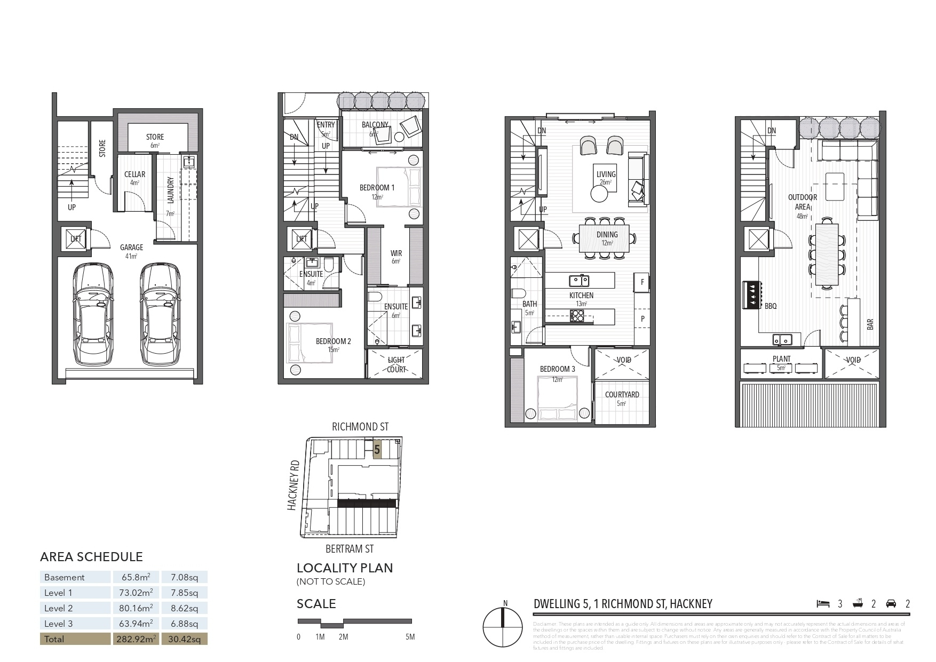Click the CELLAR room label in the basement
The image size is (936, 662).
pyautogui.click(x=134, y=174)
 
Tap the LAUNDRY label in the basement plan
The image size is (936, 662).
pyautogui.click(x=171, y=190)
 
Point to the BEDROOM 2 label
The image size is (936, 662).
pyautogui.click(x=333, y=341)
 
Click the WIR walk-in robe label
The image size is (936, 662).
pyautogui.click(x=396, y=253)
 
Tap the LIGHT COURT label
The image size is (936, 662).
pyautogui.click(x=396, y=365)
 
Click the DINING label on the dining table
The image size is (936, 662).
pyautogui.click(x=607, y=235)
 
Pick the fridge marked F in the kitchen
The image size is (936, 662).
pyautogui.click(x=642, y=282)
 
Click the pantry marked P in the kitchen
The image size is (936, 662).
pyautogui.click(x=642, y=318)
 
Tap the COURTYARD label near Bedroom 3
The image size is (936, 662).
pyautogui.click(x=622, y=395)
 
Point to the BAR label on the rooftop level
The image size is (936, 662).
pyautogui.click(x=870, y=324)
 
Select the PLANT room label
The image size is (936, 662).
pyautogui.click(x=781, y=359)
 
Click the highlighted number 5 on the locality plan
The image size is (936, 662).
pyautogui.click(x=377, y=450)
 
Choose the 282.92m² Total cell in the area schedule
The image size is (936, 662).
pyautogui.click(x=135, y=639)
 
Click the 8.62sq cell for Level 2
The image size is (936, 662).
pyautogui.click(x=184, y=608)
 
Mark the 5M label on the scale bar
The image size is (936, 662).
pyautogui.click(x=409, y=637)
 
